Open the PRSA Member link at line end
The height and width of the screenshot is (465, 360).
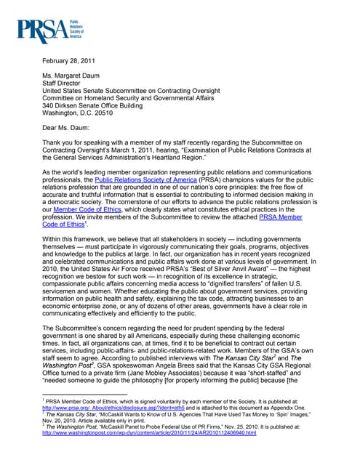click(280, 217)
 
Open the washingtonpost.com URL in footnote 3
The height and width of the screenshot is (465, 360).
click(150, 434)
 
